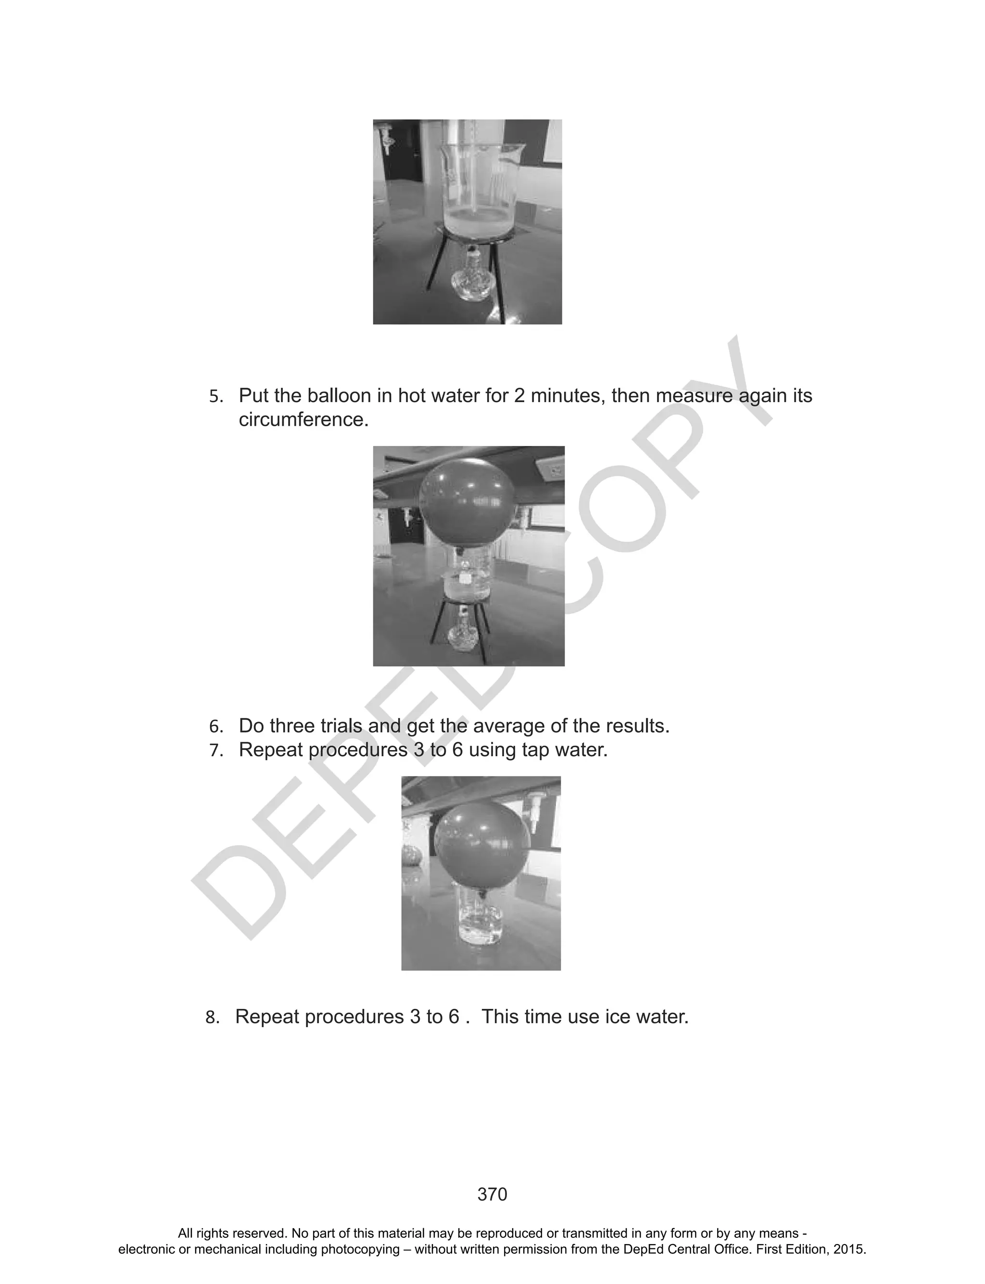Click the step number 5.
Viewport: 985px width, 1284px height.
tap(216, 396)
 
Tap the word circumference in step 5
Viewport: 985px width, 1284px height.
tap(303, 420)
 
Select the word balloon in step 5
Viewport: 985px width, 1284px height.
tap(339, 396)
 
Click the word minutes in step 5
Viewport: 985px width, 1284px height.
tap(567, 396)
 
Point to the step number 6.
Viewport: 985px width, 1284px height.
tap(216, 727)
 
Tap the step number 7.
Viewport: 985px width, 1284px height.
tap(216, 750)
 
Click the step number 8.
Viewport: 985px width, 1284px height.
tap(212, 1017)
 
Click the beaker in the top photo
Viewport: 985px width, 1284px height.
tap(478, 188)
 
